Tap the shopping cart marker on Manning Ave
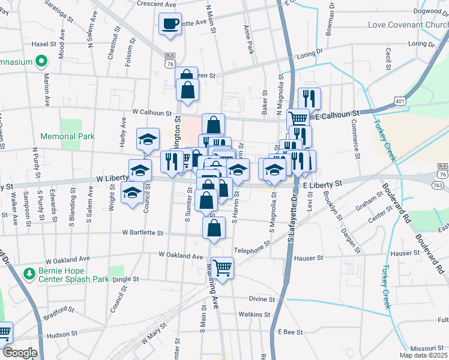click(222, 268)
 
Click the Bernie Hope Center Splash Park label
click(66, 274)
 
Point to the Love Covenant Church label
click(408, 25)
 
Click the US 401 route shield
click(400, 102)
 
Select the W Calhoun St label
click(152, 112)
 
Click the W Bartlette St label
click(143, 232)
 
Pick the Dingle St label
click(127, 279)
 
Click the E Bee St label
click(289, 331)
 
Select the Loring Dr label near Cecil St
click(420, 44)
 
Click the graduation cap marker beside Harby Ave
click(148, 140)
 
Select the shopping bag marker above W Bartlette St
click(214, 228)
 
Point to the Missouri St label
click(426, 349)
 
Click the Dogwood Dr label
click(432, 11)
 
